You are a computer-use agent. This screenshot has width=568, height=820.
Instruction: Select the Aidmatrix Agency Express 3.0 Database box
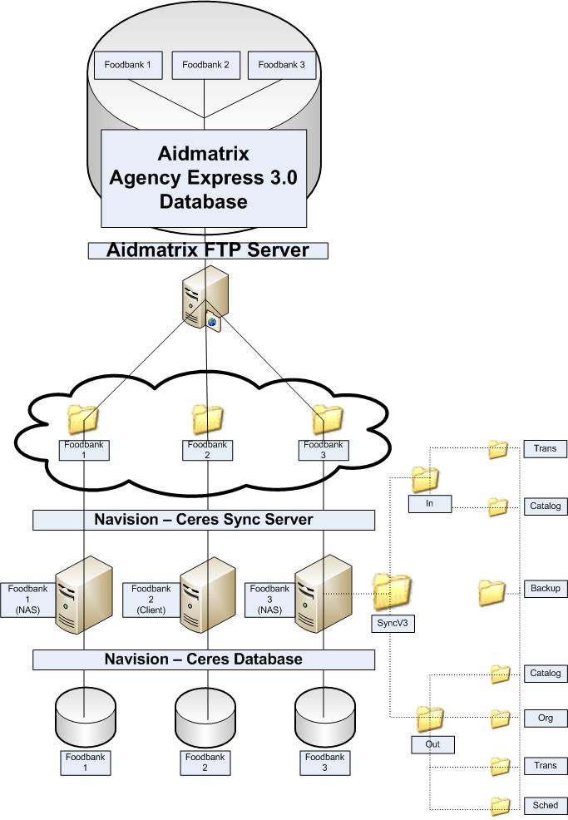tap(203, 177)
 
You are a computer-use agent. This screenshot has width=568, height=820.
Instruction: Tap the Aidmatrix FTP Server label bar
tap(208, 250)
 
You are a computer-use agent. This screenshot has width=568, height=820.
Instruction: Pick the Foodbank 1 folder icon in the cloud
tap(83, 418)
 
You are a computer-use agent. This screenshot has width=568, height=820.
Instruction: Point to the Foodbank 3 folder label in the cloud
tap(324, 450)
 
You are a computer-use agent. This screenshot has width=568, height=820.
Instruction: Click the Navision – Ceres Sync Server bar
tap(204, 520)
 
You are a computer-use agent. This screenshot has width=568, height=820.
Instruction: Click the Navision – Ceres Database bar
tap(204, 659)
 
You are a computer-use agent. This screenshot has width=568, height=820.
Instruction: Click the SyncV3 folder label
tap(393, 623)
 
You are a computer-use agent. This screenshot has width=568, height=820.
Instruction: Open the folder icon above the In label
tap(425, 479)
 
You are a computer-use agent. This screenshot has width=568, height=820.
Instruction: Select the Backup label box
tap(546, 589)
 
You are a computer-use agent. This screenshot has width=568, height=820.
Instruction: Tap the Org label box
tap(546, 718)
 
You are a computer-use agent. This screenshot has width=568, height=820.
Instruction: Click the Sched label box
tap(546, 806)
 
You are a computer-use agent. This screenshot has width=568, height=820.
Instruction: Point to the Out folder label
tap(432, 744)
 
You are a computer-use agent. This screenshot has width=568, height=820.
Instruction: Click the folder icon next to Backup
tap(491, 591)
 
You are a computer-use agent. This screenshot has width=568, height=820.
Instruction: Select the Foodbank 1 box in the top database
tap(128, 65)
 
